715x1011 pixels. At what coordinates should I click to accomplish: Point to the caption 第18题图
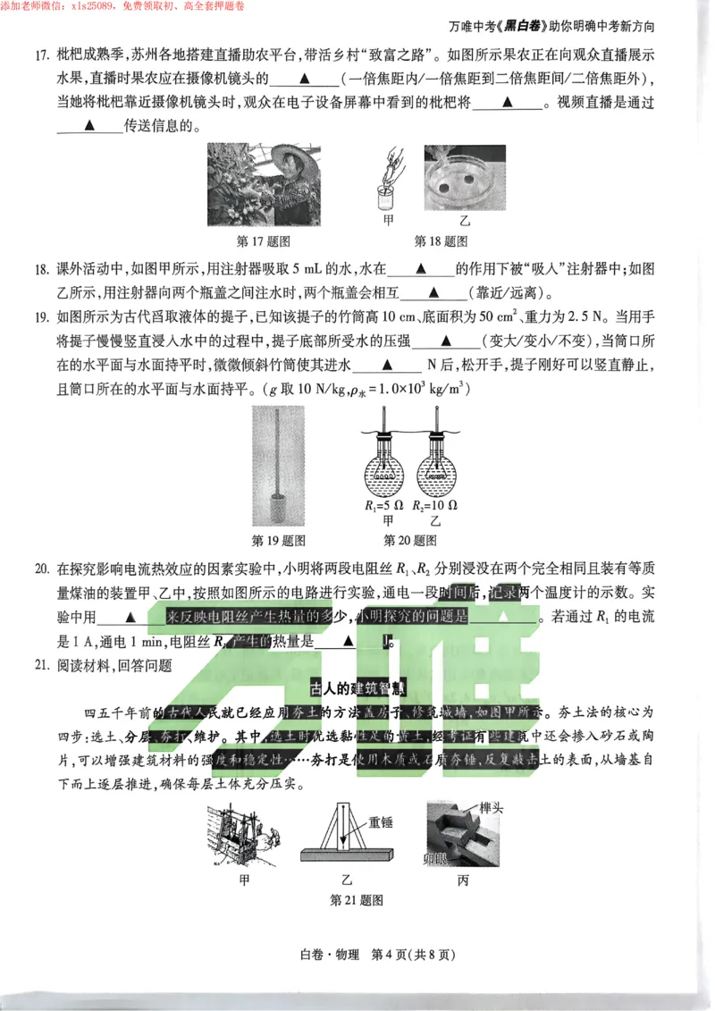[442, 241]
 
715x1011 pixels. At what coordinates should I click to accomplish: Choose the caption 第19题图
[279, 540]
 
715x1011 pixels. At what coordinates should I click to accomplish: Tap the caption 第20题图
[410, 540]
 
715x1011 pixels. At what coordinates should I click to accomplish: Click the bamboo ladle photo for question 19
[278, 464]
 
